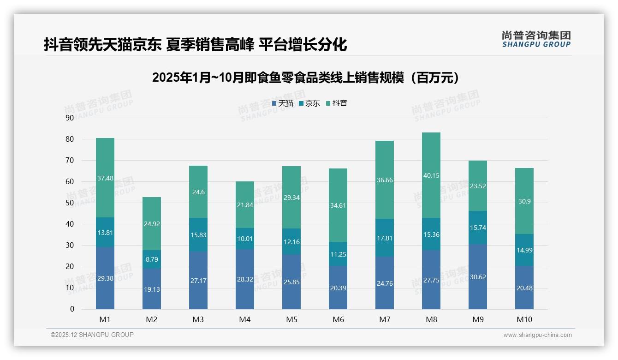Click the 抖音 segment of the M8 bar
(x=431, y=175)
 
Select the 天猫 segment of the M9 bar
(x=477, y=277)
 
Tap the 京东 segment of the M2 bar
(x=152, y=259)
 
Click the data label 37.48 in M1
(x=105, y=178)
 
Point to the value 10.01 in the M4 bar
(x=245, y=239)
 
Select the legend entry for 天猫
(x=283, y=103)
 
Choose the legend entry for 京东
(x=309, y=103)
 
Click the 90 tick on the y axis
(x=70, y=118)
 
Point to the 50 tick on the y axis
(x=70, y=203)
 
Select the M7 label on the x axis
(x=385, y=319)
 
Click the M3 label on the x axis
(x=198, y=319)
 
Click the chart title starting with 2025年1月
(x=307, y=78)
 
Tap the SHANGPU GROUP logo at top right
(x=536, y=39)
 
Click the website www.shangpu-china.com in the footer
(x=537, y=335)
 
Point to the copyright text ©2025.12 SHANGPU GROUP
(x=92, y=335)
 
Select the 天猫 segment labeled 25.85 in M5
(x=291, y=282)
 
